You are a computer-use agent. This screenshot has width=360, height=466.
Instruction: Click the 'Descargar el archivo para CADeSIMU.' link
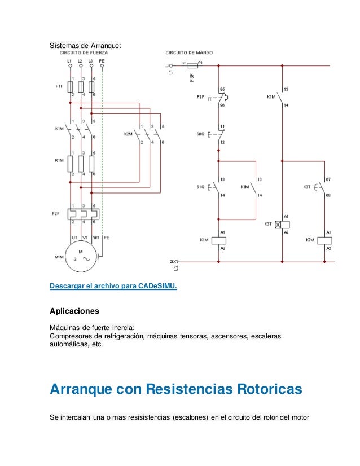click(113, 286)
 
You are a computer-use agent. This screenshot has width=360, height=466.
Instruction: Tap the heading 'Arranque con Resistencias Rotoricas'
click(176, 389)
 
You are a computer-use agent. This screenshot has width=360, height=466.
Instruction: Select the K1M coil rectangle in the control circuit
click(218, 240)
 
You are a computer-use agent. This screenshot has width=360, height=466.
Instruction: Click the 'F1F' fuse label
click(59, 87)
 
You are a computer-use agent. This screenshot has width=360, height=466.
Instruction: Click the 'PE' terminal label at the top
click(102, 60)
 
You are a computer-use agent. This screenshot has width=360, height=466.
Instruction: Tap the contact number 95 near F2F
click(222, 89)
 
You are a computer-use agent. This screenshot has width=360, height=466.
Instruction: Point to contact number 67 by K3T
click(328, 179)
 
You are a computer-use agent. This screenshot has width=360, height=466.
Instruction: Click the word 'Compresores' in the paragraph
click(70, 337)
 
